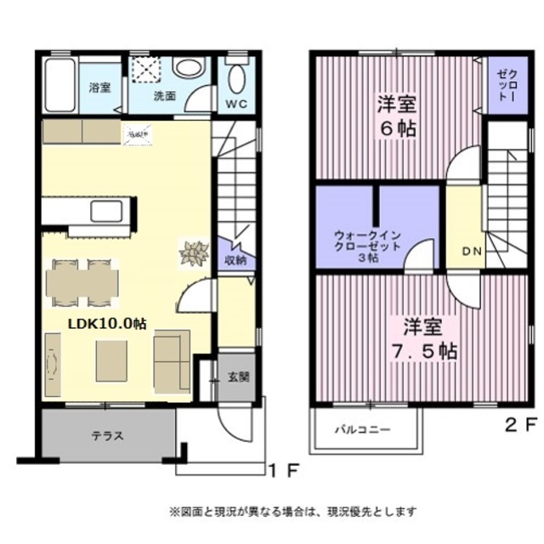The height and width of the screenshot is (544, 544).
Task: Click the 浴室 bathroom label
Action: pos(99,88)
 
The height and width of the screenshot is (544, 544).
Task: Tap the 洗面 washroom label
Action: pos(165,96)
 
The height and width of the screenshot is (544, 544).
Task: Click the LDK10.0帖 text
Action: pos(107,324)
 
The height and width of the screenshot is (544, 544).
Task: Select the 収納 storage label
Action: pos(235,260)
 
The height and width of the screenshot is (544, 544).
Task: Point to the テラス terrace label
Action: pos(109,436)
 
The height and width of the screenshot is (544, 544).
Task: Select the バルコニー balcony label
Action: pos(362,429)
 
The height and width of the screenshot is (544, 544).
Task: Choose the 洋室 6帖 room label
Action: pos(398,118)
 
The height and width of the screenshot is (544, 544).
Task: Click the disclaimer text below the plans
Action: pos(293,511)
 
